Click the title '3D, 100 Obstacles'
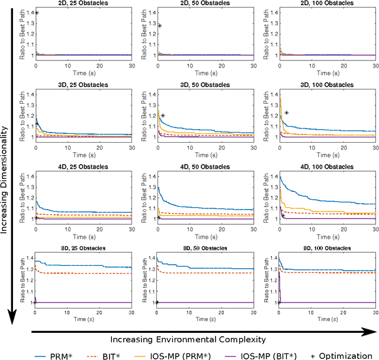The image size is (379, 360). click(x=326, y=85)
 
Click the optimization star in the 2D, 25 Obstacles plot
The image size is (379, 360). click(x=37, y=12)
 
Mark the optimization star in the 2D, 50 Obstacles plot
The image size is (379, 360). click(x=159, y=25)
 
